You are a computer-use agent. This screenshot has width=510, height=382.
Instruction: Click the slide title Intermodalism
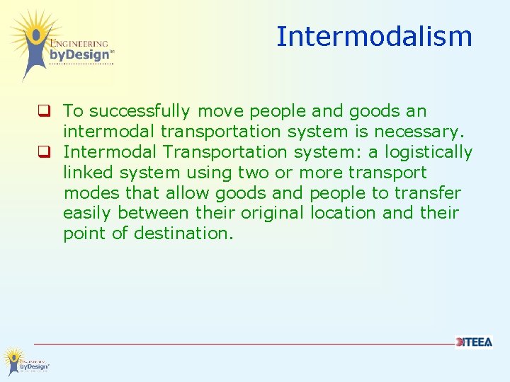374,37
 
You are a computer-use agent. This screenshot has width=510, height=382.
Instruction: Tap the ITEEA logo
474,342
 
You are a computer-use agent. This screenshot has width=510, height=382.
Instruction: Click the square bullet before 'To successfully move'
44,111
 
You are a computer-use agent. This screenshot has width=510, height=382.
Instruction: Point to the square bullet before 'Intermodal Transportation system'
44,152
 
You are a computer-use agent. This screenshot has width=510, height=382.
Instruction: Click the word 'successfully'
140,112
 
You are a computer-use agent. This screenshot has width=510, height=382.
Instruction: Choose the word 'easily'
88,214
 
